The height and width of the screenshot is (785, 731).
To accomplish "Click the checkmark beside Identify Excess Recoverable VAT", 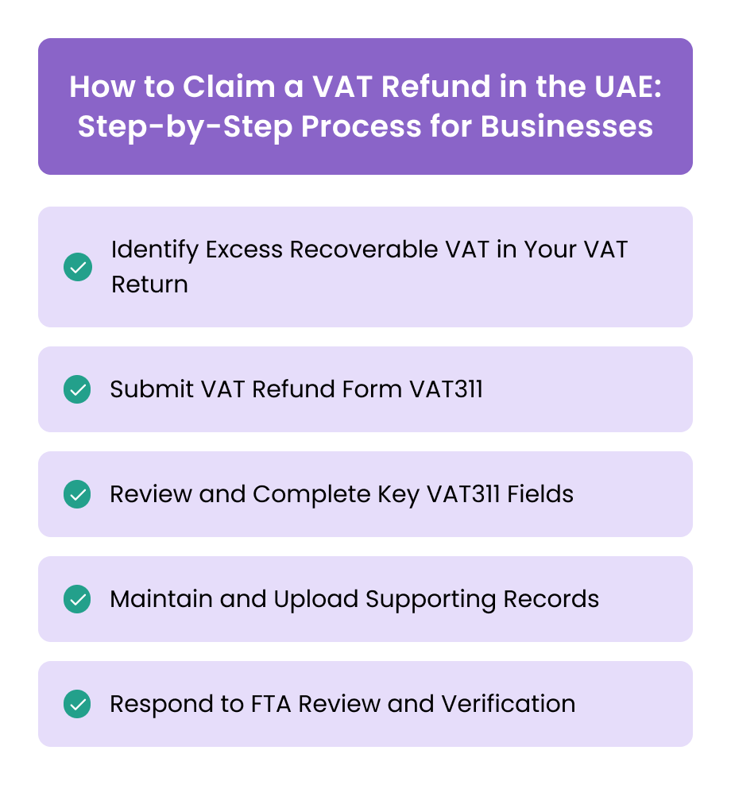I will pyautogui.click(x=78, y=267).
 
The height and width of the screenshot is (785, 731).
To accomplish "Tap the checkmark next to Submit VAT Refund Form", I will pyautogui.click(x=78, y=389).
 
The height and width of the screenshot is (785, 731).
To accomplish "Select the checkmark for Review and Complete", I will pyautogui.click(x=78, y=494).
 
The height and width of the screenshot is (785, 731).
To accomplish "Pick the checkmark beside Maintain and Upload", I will pyautogui.click(x=78, y=599).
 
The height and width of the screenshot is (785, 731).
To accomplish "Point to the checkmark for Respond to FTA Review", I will pyautogui.click(x=78, y=704).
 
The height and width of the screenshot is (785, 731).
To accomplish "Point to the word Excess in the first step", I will pyautogui.click(x=244, y=249).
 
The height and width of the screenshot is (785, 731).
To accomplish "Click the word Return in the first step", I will pyautogui.click(x=149, y=284).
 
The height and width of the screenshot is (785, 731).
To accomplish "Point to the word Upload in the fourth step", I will pyautogui.click(x=315, y=599).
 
